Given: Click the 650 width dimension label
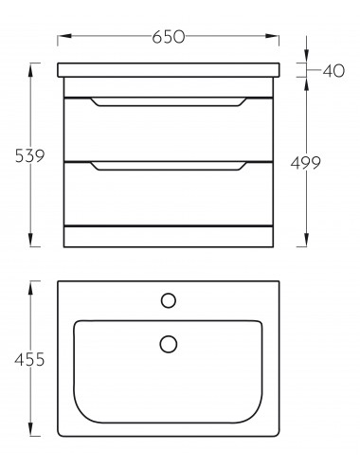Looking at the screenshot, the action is coord(168,37).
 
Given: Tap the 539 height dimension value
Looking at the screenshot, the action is coord(30,155).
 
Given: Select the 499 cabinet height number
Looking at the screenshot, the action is coord(305,163).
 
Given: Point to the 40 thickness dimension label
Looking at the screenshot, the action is coord(333,71).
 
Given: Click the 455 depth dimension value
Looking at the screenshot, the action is coord(29,360).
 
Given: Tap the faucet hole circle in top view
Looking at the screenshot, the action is coord(169,300).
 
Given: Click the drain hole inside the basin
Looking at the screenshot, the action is coord(169,344).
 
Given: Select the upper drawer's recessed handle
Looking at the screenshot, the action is coord(169,102).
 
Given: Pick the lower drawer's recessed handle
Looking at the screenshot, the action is coord(169,166).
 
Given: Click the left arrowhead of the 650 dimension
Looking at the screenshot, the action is coord(64,36).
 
